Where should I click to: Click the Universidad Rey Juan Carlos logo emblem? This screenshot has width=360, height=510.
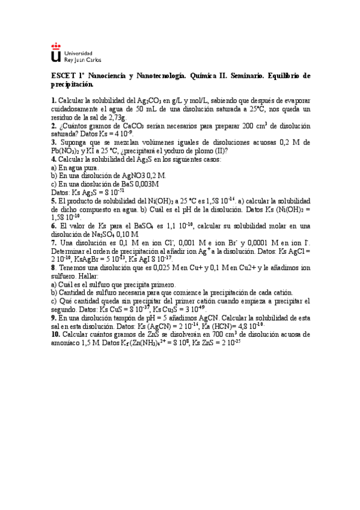tap(55, 53)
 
